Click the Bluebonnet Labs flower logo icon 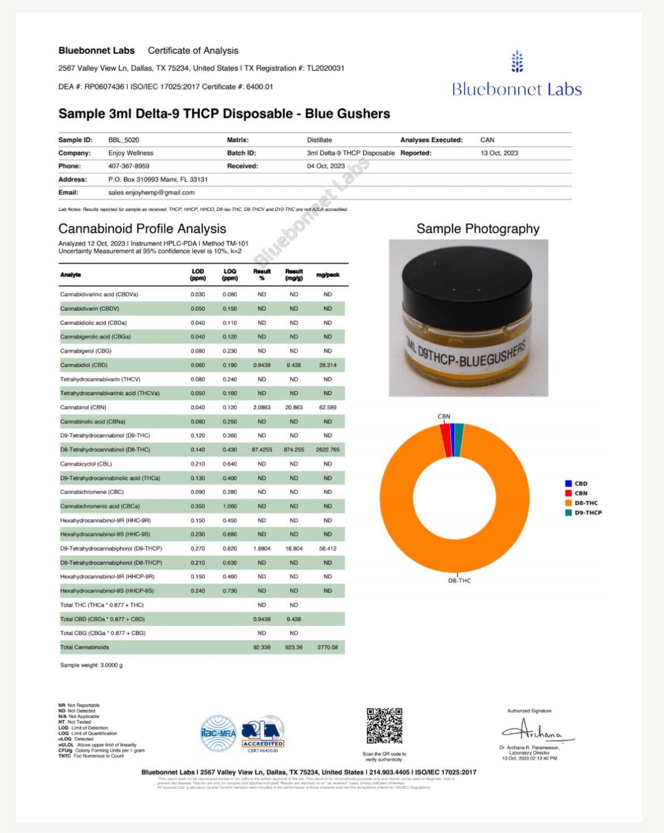517,62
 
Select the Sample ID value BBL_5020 124,140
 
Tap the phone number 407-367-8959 129,166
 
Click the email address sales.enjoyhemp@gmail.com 152,193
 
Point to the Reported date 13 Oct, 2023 499,153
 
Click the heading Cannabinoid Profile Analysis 142,229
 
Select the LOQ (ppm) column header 230,275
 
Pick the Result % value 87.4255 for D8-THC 262,450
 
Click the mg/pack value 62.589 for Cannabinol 327,408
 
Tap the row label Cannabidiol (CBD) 83,365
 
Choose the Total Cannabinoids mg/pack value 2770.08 327,648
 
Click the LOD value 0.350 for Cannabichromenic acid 197,506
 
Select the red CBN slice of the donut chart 446,440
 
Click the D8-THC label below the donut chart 460,581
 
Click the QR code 384,726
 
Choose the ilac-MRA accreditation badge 218,733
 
